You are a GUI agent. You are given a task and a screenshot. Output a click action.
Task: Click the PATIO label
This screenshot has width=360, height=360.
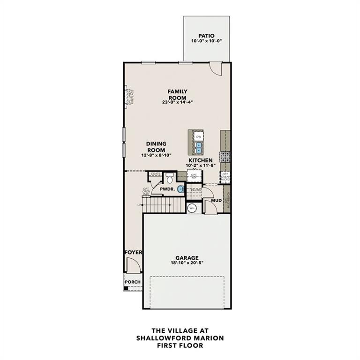(206, 35)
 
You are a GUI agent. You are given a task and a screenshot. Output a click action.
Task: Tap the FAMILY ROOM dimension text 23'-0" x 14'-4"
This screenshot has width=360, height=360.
(178, 102)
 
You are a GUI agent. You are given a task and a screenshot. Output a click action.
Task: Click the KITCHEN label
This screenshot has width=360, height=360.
(201, 160)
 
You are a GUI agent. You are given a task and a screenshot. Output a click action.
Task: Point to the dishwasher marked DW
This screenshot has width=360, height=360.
(199, 136)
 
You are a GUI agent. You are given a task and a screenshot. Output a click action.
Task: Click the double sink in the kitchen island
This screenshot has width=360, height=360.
(199, 148)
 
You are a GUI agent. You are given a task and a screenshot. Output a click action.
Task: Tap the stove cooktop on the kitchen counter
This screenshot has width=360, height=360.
(225, 157)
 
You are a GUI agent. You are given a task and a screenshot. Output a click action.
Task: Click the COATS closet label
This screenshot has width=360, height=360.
(155, 174)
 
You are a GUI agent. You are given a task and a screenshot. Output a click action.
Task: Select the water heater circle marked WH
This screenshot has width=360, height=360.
(192, 208)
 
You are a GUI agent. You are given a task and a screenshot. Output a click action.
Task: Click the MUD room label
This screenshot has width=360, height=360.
(216, 201)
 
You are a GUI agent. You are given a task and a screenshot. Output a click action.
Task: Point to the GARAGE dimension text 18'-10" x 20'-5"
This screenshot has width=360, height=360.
(187, 263)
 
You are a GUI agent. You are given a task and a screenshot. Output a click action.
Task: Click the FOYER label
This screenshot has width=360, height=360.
(133, 253)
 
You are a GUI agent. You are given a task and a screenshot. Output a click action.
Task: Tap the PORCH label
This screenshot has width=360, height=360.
(132, 282)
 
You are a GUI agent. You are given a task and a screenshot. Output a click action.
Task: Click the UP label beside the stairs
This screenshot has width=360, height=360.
(139, 205)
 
